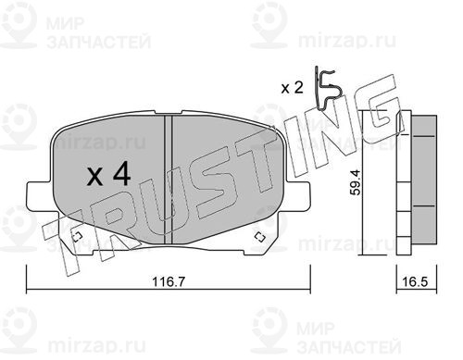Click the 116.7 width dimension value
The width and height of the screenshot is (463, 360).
169,281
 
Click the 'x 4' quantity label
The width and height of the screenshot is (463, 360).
109,176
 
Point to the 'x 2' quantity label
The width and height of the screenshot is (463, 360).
292,88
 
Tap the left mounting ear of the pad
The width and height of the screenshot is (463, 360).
40,196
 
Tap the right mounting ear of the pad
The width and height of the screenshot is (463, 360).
298,196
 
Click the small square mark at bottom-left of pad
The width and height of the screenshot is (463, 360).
77,237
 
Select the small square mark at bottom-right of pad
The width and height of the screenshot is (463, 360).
260,237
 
